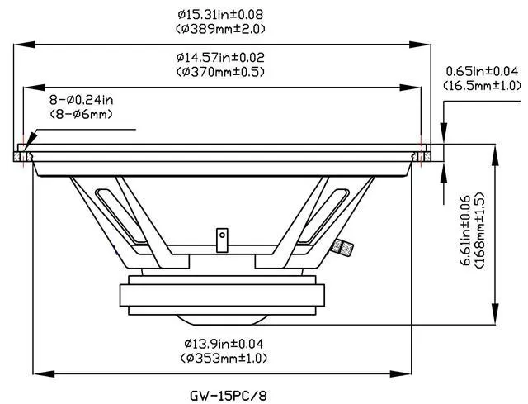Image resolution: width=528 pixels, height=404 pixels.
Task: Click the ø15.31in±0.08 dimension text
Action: (220, 15)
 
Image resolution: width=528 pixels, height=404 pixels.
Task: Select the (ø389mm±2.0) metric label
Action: (220, 29)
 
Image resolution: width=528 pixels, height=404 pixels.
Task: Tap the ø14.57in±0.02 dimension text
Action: (220, 58)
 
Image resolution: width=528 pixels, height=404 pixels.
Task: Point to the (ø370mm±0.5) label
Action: (220, 72)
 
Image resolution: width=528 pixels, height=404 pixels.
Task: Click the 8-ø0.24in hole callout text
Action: (81, 100)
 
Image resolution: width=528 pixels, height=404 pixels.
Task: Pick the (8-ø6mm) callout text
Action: (81, 114)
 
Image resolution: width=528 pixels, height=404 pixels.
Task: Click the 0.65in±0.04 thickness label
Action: (482, 71)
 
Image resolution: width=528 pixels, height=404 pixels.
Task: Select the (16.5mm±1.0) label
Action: (482, 85)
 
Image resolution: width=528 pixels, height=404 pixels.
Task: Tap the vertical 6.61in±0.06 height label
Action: (466, 231)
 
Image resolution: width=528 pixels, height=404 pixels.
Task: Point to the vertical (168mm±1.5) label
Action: (480, 231)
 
